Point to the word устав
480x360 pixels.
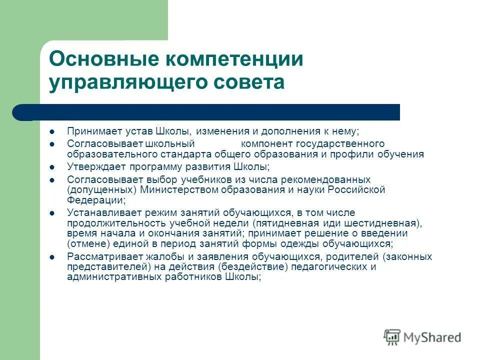[x=138, y=132]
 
